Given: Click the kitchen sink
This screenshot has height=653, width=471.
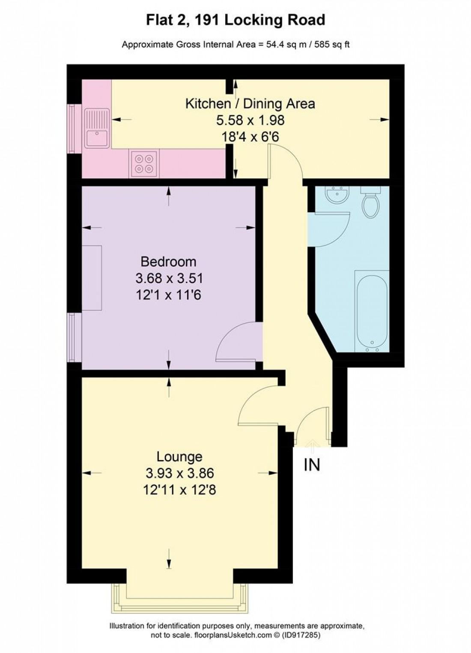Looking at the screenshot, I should [x=97, y=128].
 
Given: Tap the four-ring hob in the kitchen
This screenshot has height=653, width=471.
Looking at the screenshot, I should [x=144, y=163].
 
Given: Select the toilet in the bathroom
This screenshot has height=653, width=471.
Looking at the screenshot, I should [x=370, y=202].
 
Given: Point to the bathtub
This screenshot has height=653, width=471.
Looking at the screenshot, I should [x=372, y=311].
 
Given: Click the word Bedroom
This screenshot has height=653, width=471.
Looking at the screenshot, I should [x=169, y=262].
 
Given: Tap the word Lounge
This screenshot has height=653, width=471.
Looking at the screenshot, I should [x=179, y=457].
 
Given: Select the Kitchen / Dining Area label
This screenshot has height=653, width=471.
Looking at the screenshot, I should [x=250, y=104].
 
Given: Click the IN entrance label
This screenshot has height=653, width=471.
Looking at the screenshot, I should [x=312, y=465].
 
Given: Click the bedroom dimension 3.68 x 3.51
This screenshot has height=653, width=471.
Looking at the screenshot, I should [x=169, y=278].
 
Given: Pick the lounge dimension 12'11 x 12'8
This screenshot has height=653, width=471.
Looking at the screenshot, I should [x=179, y=490].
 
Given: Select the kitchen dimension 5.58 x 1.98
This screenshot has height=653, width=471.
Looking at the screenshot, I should [x=250, y=120].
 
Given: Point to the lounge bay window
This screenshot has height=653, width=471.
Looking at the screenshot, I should [x=180, y=598].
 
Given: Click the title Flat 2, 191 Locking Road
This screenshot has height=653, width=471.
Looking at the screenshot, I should [x=235, y=20].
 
